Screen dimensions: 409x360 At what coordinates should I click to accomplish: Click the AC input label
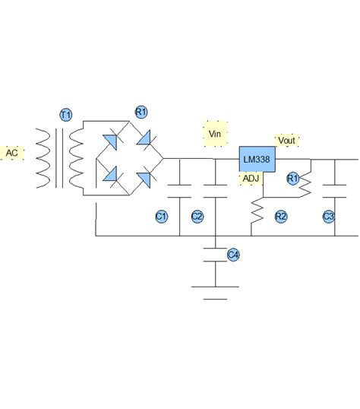click(x=13, y=154)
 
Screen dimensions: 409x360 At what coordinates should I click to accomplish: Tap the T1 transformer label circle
click(x=66, y=115)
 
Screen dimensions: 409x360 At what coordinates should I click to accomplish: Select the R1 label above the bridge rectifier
click(x=141, y=112)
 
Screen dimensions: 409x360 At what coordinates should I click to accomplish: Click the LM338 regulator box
click(x=257, y=160)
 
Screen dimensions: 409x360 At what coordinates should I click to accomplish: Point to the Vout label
click(x=287, y=141)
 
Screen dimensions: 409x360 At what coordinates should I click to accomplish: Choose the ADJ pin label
click(x=251, y=179)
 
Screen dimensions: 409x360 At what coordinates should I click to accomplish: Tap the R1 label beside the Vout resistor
click(x=292, y=178)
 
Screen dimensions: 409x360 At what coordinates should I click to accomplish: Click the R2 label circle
click(x=281, y=217)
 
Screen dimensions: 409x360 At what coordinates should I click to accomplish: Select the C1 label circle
click(x=161, y=217)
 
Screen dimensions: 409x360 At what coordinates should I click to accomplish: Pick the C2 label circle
click(x=197, y=217)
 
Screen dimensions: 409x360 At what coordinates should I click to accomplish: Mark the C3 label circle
click(x=328, y=217)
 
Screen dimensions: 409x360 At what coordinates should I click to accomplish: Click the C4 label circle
click(x=234, y=255)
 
